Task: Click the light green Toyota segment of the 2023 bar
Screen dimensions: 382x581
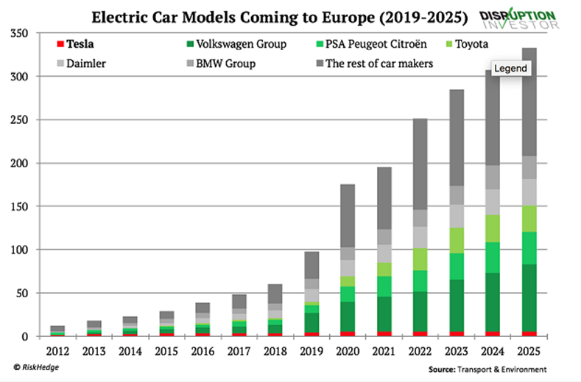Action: click(457, 240)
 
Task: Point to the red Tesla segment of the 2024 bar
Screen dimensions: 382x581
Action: click(493, 334)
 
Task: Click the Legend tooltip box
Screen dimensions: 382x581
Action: click(510, 69)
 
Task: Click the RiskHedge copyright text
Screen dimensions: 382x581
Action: click(37, 367)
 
